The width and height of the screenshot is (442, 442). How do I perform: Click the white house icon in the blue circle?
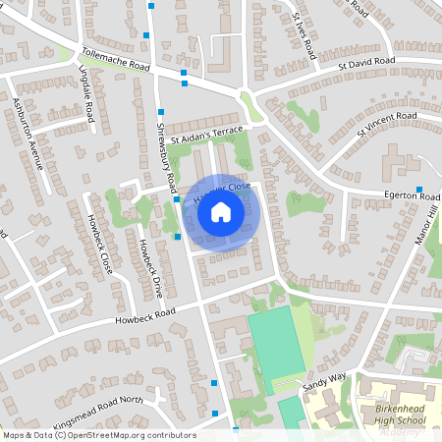point(221,212)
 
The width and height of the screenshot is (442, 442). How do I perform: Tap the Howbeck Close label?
point(98,241)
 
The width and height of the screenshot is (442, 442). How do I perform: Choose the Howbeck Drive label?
point(149,268)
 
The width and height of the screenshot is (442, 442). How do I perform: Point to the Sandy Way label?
point(325,383)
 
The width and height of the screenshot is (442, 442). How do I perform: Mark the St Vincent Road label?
point(387,126)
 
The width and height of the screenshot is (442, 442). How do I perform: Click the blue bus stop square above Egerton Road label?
point(419,190)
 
